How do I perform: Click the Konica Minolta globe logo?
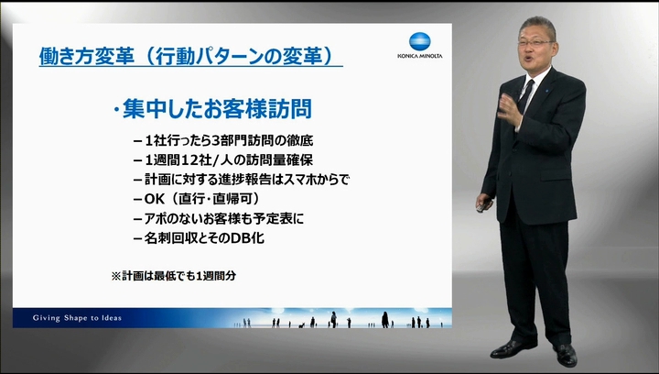point(419,41)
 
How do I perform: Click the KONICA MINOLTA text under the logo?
point(419,56)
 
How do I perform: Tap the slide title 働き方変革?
point(87,56)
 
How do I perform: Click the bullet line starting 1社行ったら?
point(223,140)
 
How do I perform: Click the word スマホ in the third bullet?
point(298,180)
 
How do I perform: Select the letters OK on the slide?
point(155,199)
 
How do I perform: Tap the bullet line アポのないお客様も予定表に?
point(219,219)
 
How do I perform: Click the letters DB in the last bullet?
point(242,238)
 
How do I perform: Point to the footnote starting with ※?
point(174,276)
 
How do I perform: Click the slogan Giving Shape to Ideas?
point(77,318)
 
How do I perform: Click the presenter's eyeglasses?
point(535,42)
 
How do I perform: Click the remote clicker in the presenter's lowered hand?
point(483,206)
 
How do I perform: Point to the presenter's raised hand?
point(509,109)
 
